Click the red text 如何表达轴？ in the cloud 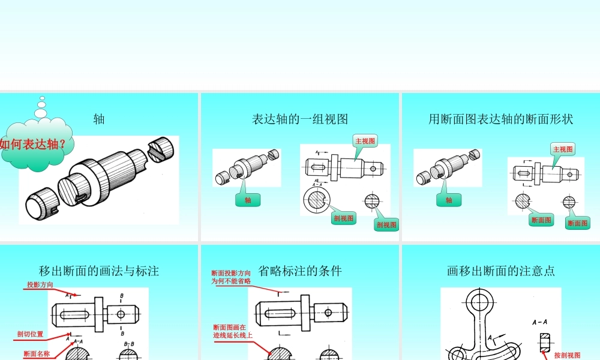[x=34, y=145]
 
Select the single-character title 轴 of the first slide [x=99, y=119]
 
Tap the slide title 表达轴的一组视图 [x=300, y=119]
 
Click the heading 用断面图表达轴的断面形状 [x=500, y=119]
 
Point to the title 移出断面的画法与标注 [x=99, y=271]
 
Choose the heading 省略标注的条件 [x=300, y=271]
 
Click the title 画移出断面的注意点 [x=500, y=271]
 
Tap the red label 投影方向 [x=40, y=284]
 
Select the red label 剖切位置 [x=30, y=334]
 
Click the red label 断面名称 [x=37, y=354]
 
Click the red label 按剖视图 [x=567, y=355]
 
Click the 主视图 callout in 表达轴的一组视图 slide [x=365, y=141]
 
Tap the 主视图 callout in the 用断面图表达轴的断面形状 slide [x=563, y=149]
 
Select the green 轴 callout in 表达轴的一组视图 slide [x=248, y=200]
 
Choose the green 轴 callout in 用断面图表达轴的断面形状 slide [x=449, y=200]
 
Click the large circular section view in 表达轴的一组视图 [x=317, y=200]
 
